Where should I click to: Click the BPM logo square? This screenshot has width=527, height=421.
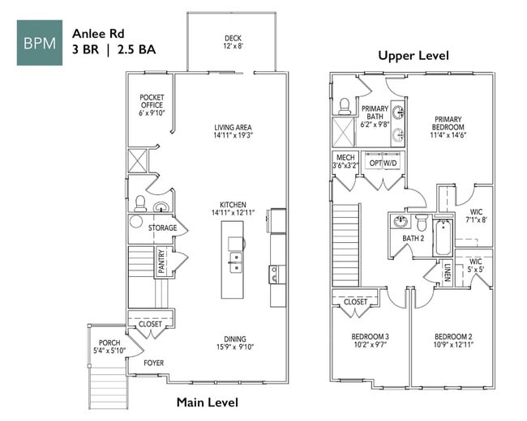tap(40, 43)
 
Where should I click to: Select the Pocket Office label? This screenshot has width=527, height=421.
tap(152, 104)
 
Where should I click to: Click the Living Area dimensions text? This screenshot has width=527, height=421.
tap(234, 136)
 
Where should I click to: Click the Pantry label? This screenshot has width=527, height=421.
tap(161, 262)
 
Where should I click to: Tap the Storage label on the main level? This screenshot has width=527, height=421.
tap(162, 228)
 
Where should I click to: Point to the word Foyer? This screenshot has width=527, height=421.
tap(153, 363)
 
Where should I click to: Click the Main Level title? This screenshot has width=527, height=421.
tap(208, 402)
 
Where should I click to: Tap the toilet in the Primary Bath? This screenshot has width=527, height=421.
tap(345, 105)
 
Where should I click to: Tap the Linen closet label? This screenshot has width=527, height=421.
tap(448, 273)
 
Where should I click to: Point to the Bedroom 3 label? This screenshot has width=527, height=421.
tap(370, 341)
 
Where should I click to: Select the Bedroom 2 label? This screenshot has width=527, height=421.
tap(452, 341)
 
